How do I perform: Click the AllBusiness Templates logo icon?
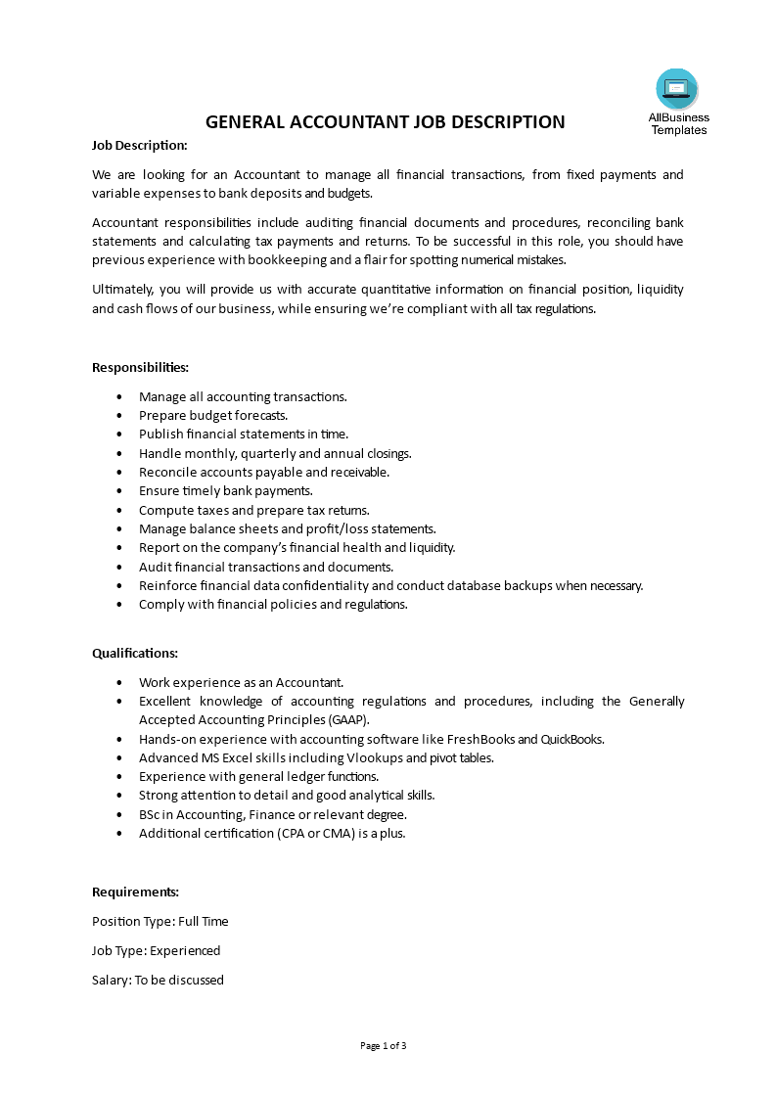coord(677,89)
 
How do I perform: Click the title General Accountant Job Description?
coord(385,122)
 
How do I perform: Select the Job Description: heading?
coord(139,146)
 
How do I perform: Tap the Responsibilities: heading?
coord(140,367)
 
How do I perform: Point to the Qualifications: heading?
coord(135,653)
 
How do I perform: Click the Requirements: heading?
coord(135,892)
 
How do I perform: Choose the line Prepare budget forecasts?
coord(212,415)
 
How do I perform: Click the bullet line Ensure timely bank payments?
coord(225,490)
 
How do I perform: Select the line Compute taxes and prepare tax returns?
coord(253,510)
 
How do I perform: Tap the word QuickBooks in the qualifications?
coord(572,739)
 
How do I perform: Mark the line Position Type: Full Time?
coord(160,921)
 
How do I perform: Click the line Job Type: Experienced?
coord(156,950)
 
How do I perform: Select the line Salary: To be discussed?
coord(158,980)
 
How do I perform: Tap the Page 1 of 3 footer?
coord(384,1046)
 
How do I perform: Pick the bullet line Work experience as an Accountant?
coord(241,682)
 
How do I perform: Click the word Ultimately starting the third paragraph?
coord(122,290)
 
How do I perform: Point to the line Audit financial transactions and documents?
coord(265,567)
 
